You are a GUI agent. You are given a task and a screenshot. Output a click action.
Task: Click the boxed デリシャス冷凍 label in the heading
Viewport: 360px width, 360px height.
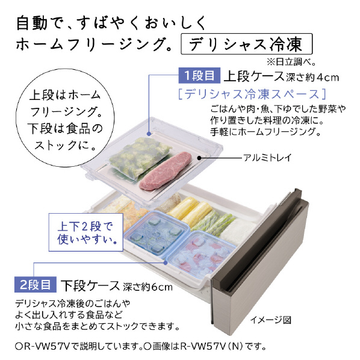[x=247, y=44]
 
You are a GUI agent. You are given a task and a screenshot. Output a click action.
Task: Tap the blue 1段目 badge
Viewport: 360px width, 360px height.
[x=199, y=75]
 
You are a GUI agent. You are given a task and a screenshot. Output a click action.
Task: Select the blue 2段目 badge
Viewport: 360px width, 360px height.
[x=36, y=285]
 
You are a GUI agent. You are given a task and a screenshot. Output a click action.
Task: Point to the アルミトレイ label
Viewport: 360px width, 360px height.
[x=267, y=158]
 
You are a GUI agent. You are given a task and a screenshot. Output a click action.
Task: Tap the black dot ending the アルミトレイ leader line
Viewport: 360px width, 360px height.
[x=199, y=158]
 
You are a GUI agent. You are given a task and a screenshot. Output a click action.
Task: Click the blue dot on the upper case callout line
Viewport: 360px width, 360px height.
[x=149, y=134]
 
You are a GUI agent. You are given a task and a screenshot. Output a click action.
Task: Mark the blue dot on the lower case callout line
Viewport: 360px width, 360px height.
[x=166, y=262]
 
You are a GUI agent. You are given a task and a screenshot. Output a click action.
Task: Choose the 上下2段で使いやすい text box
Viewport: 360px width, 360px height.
[x=86, y=232]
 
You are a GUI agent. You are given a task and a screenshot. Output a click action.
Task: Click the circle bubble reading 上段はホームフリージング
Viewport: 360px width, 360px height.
[x=65, y=117]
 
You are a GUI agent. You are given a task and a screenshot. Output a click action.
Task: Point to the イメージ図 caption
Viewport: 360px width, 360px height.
[x=271, y=320]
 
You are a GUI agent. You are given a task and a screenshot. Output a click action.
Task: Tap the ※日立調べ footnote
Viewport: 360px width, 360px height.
[x=291, y=62]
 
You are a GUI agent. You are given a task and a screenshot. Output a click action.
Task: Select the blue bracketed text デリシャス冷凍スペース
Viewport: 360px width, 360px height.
[x=252, y=94]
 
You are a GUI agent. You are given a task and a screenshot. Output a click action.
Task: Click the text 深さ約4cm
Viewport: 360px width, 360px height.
[x=312, y=78]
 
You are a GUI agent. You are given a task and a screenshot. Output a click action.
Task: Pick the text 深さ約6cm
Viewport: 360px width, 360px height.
[x=147, y=287]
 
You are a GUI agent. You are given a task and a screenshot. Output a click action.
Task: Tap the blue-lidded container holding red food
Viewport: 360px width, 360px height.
[x=202, y=253]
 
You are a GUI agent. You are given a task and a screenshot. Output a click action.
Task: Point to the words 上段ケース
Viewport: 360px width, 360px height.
[x=254, y=76]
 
